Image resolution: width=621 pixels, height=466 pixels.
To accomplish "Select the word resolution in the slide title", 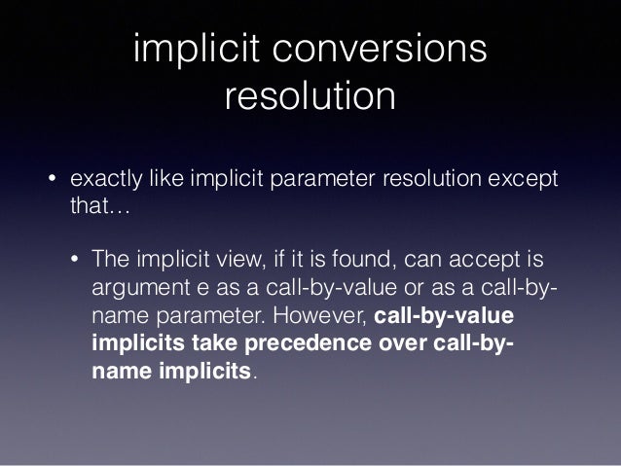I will point(310,97).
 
